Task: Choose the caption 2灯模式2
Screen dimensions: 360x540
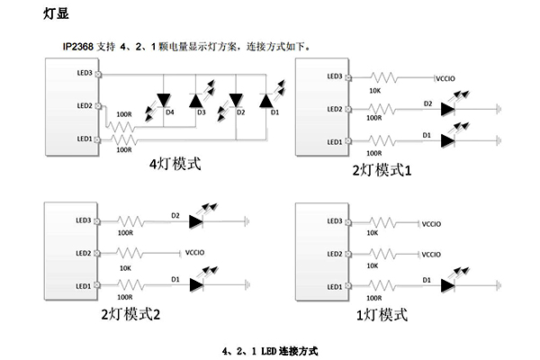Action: click(131, 315)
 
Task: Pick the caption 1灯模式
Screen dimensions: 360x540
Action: click(382, 315)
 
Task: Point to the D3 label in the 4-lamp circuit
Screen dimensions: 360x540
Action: click(201, 112)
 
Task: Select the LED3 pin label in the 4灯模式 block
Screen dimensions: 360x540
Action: click(85, 72)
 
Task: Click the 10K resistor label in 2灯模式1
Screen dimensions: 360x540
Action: click(374, 88)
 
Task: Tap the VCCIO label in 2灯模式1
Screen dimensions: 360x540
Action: click(447, 78)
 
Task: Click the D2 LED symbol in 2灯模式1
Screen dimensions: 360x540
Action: click(446, 109)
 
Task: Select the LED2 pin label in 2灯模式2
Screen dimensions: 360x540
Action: click(85, 254)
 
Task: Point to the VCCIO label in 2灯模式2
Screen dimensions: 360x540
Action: click(198, 254)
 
